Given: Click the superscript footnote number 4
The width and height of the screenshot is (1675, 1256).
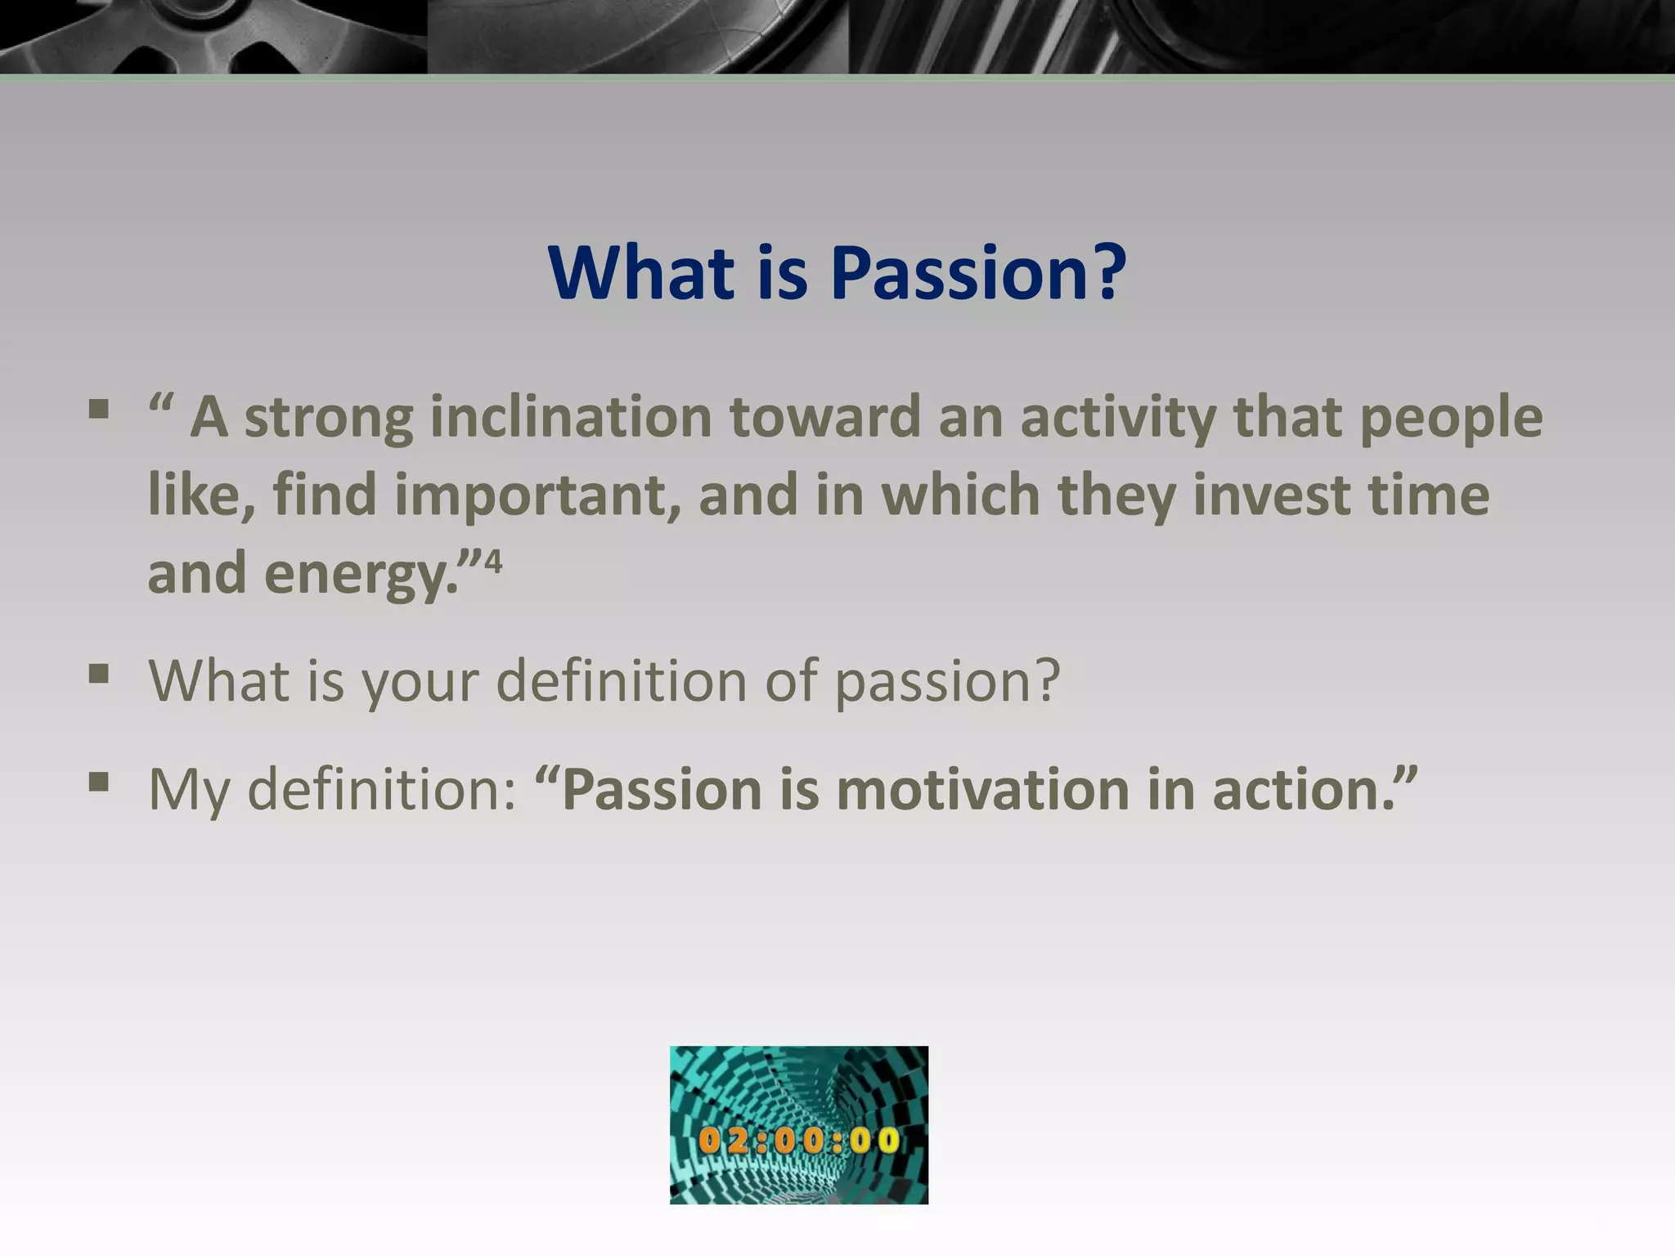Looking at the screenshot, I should (x=493, y=562).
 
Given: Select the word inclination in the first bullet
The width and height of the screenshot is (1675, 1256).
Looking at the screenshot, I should (x=571, y=417).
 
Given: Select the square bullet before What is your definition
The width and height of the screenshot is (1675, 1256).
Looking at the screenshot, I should (x=99, y=675).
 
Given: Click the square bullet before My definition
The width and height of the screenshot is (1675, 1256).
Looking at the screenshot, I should (x=99, y=783).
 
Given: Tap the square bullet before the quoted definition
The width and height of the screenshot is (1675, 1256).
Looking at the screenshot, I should (x=99, y=408).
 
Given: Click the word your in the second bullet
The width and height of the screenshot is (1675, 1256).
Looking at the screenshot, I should (x=420, y=681).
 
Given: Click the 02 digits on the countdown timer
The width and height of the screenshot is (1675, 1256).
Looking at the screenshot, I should (x=723, y=1140).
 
